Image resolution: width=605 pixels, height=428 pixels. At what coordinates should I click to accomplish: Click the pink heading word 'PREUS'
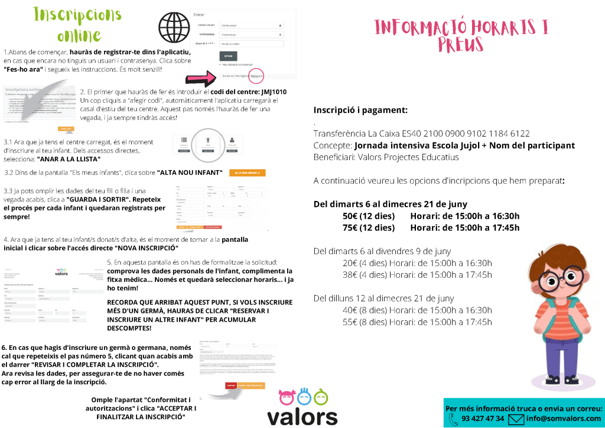click(461, 44)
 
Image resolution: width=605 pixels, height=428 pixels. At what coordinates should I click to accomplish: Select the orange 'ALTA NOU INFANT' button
click(247, 173)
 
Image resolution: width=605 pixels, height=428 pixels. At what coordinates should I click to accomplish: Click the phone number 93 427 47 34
click(483, 419)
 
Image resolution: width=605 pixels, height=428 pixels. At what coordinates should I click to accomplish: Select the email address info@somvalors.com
click(563, 419)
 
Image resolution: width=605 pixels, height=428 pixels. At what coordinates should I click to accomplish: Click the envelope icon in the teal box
click(516, 419)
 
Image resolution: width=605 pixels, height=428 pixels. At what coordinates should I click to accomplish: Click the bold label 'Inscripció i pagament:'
click(360, 110)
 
